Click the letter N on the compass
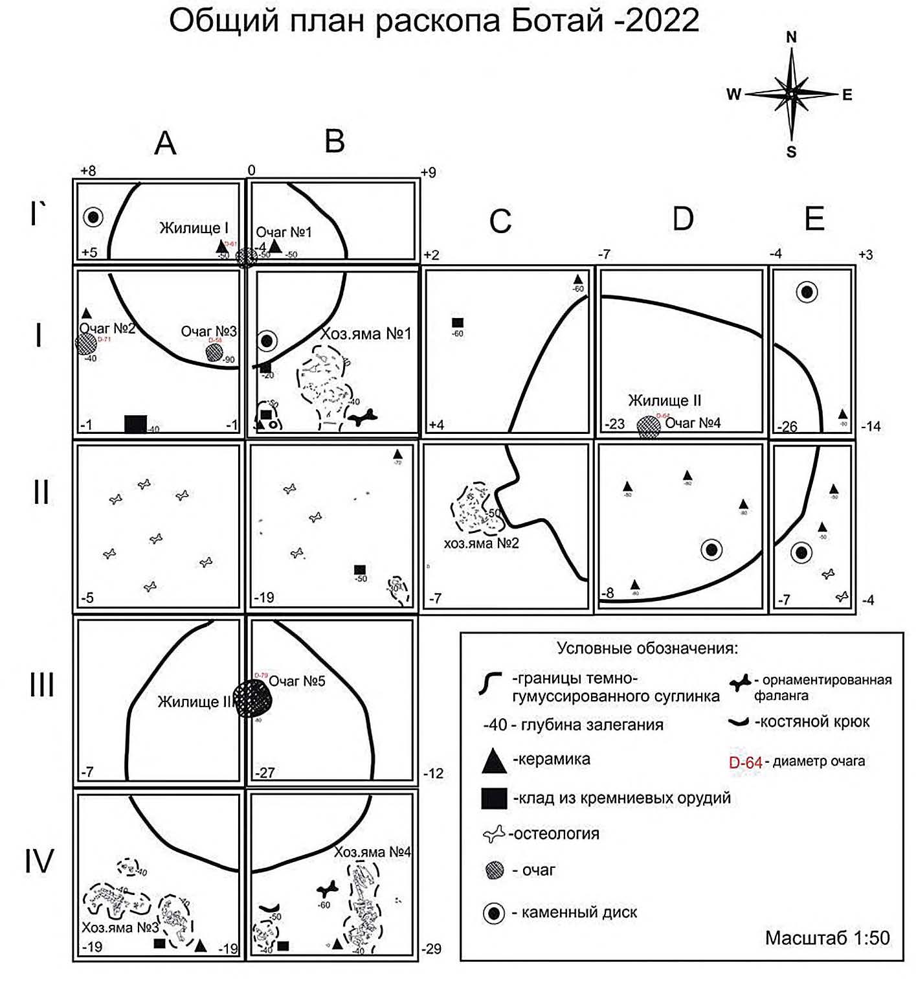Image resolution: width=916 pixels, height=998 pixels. click(x=791, y=38)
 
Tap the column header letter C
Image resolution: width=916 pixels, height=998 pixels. click(x=500, y=221)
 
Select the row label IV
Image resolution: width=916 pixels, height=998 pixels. click(x=39, y=861)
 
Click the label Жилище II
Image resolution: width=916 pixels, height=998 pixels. click(x=664, y=400)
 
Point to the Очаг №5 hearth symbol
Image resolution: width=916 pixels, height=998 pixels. click(x=252, y=698)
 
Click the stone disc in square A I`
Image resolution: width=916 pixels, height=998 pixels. click(x=93, y=217)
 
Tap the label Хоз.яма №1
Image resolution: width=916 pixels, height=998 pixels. click(x=366, y=334)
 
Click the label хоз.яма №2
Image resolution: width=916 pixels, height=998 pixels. click(x=481, y=543)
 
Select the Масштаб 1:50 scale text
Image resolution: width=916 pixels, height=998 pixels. click(x=827, y=937)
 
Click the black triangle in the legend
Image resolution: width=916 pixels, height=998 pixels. click(x=494, y=760)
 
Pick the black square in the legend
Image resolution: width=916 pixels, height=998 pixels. click(x=494, y=799)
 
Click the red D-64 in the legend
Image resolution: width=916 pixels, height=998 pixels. click(x=745, y=762)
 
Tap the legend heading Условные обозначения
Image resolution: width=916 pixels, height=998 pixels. click(x=647, y=648)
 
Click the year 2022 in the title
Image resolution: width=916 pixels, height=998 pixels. click(x=662, y=21)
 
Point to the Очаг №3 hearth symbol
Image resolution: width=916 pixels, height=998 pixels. click(x=214, y=352)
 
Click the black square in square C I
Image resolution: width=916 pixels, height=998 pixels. click(x=458, y=323)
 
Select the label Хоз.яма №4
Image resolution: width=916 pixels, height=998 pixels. click(x=372, y=852)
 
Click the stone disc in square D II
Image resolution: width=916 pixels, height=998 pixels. click(x=711, y=550)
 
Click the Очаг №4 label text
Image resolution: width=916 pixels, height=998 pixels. click(x=693, y=423)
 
